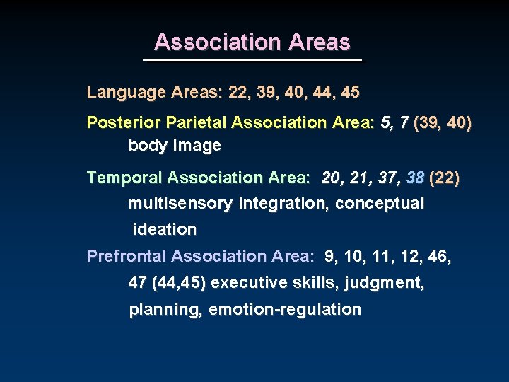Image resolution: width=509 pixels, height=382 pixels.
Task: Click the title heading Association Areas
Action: pyautogui.click(x=252, y=42)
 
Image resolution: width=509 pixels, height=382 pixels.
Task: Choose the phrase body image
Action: pyautogui.click(x=175, y=146)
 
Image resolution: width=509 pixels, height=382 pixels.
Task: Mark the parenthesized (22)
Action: pyautogui.click(x=444, y=178)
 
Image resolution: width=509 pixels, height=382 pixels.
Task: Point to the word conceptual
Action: pyautogui.click(x=380, y=204)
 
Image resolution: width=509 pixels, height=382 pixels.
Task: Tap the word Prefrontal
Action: pyautogui.click(x=126, y=256)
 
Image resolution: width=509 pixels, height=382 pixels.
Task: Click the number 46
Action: pyautogui.click(x=438, y=256)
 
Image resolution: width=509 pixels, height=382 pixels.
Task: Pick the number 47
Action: pyautogui.click(x=137, y=283)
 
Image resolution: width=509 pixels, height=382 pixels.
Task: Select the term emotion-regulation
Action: pyautogui.click(x=285, y=310)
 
